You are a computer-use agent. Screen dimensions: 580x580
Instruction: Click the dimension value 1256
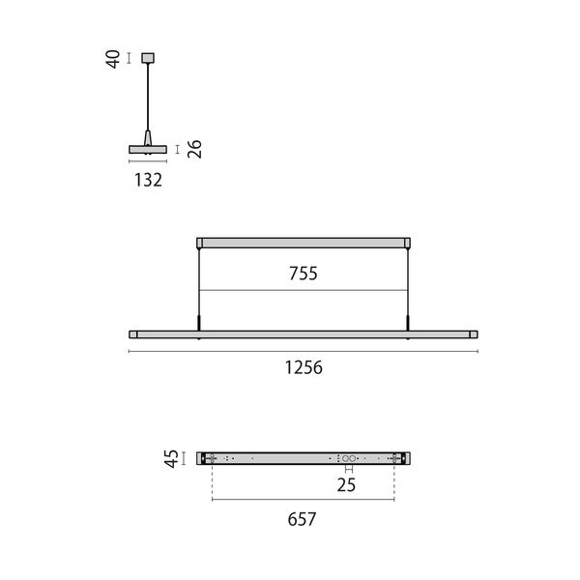pyautogui.click(x=304, y=367)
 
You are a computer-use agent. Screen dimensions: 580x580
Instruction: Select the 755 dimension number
pyautogui.click(x=304, y=274)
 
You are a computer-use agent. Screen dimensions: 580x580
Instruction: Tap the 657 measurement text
pyautogui.click(x=302, y=519)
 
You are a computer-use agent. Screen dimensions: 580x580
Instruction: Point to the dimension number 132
pyautogui.click(x=148, y=180)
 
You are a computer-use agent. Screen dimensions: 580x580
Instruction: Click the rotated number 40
pyautogui.click(x=113, y=59)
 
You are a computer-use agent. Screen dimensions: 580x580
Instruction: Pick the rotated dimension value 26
pyautogui.click(x=194, y=149)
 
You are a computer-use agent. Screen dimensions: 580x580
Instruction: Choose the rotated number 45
pyautogui.click(x=171, y=458)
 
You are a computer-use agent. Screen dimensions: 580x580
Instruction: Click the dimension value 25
pyautogui.click(x=346, y=485)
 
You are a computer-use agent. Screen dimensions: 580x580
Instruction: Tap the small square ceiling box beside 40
pyautogui.click(x=148, y=58)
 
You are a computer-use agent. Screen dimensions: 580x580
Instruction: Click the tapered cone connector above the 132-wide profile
pyautogui.click(x=148, y=138)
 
